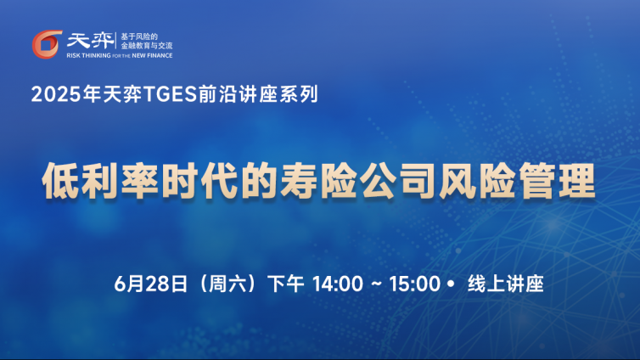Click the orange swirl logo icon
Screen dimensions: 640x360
click(47, 44)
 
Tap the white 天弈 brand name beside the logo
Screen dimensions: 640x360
click(90, 41)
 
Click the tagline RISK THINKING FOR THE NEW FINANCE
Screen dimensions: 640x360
click(119, 55)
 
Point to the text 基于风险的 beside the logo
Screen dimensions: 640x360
click(139, 37)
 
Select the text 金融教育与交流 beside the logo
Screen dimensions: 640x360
click(147, 46)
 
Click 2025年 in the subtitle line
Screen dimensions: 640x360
click(66, 94)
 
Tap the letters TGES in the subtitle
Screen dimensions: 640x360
click(171, 94)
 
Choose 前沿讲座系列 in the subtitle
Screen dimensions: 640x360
click(259, 94)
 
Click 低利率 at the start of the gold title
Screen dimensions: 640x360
click(100, 180)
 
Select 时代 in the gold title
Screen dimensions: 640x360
click(200, 180)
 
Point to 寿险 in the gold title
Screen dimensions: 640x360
click(319, 180)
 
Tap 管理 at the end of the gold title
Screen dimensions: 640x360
click(557, 180)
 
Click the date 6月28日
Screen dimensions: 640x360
click(150, 284)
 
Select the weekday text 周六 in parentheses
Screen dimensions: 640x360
click(227, 284)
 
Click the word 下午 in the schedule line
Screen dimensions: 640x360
click(286, 284)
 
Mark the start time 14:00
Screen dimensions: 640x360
click(338, 284)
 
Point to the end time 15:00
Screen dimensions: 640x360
click(415, 284)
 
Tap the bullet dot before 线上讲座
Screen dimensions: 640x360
click(451, 284)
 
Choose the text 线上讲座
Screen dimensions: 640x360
click(506, 284)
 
